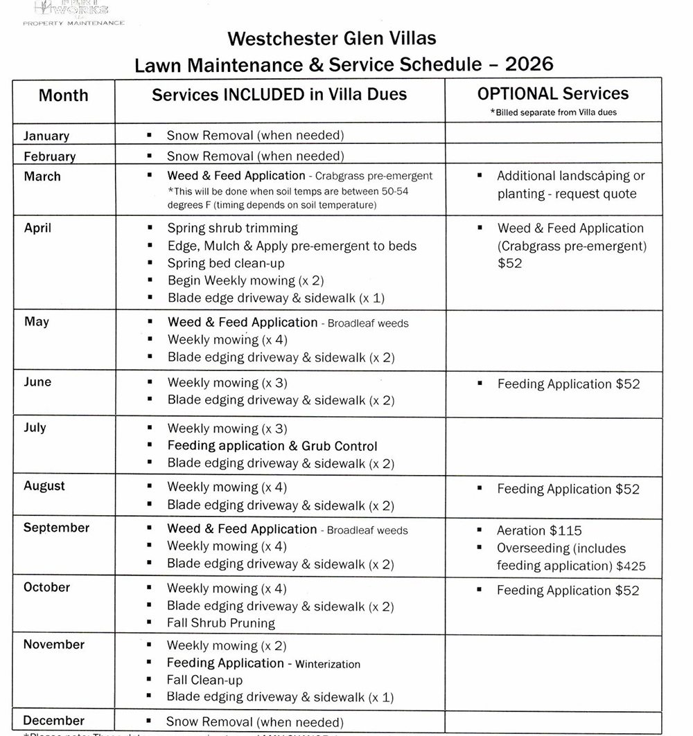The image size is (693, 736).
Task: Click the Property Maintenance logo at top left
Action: (73, 13)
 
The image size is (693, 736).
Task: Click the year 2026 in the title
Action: (529, 64)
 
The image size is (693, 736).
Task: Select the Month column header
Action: (63, 96)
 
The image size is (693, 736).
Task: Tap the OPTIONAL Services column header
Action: (553, 94)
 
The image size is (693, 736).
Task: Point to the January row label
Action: (46, 136)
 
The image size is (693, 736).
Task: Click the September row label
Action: (56, 528)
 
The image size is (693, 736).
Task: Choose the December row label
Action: (53, 720)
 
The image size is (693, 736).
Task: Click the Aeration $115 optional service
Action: (539, 530)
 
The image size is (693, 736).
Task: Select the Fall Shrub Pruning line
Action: (220, 623)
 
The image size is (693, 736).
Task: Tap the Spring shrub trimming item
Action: (232, 228)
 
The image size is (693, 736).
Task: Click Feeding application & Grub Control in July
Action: (272, 446)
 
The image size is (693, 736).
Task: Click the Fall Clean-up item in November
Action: (204, 680)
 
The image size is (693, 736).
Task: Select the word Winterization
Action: (328, 664)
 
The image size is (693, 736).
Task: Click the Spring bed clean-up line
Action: (226, 263)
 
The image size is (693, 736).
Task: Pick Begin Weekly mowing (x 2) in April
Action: (245, 280)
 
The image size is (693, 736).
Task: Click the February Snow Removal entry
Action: (255, 156)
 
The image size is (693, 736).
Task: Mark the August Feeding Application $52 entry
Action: (568, 489)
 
